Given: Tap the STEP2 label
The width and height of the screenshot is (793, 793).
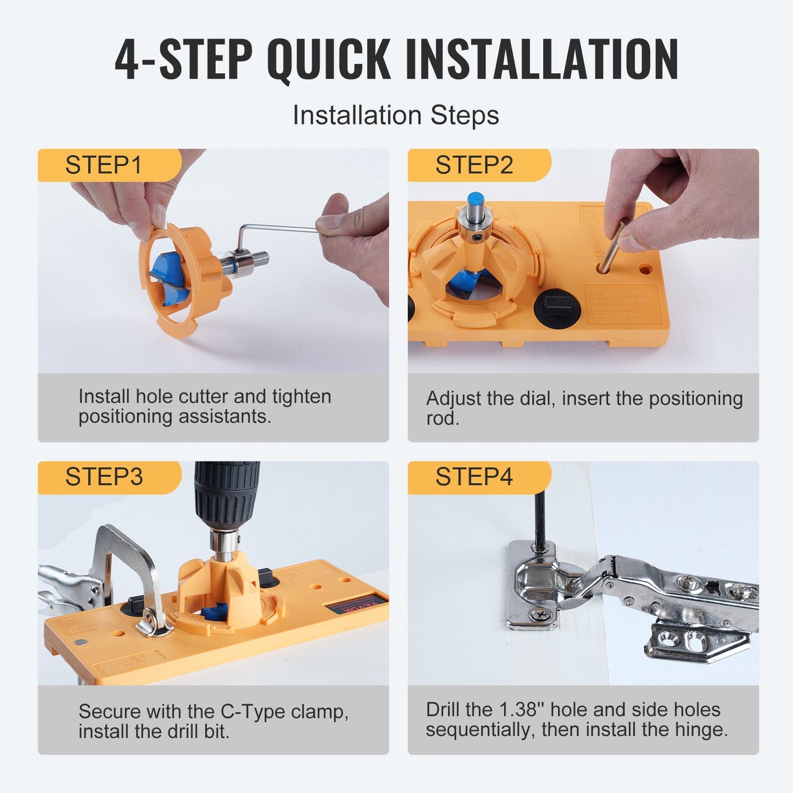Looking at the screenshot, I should point(474,165).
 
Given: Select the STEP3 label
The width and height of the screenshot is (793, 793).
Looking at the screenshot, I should point(104,477).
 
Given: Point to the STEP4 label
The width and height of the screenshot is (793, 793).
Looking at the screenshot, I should point(474,477).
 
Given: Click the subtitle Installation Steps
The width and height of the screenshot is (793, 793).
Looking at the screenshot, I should point(396,115).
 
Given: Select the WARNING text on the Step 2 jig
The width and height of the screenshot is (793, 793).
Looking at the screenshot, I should point(626,293).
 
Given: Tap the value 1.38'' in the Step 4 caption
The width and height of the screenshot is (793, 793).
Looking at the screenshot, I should point(521,710).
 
